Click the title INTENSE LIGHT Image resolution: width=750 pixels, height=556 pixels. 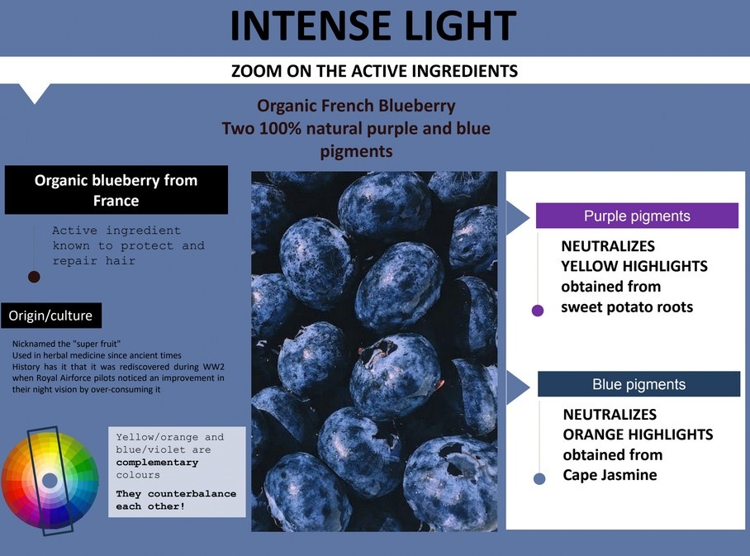(x=373, y=26)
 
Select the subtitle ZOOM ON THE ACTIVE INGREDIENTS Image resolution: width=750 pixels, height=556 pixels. (x=374, y=71)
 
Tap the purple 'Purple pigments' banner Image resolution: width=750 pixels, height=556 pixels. (x=637, y=216)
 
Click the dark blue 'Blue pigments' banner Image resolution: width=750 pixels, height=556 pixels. (x=639, y=383)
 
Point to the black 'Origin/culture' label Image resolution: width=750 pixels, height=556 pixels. (x=51, y=316)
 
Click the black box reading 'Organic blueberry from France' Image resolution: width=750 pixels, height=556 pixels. (x=116, y=190)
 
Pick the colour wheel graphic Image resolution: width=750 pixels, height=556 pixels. (x=50, y=480)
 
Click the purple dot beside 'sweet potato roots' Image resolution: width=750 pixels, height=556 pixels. (x=538, y=311)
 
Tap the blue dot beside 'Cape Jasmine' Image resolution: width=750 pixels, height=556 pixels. (x=539, y=478)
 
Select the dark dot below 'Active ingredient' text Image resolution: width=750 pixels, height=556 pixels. (x=34, y=277)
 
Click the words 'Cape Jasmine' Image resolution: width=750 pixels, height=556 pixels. (x=610, y=475)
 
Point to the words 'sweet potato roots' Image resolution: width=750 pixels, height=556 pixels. (x=627, y=307)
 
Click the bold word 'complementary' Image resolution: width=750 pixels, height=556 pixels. (x=157, y=462)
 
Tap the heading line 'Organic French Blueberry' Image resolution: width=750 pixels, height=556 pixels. (x=356, y=106)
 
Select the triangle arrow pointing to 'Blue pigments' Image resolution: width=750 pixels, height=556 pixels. (x=518, y=387)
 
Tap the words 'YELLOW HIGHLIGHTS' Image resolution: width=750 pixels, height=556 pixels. (x=634, y=266)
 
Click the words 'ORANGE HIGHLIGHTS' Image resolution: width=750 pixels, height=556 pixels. (x=638, y=435)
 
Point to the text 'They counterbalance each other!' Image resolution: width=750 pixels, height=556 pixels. (x=176, y=500)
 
